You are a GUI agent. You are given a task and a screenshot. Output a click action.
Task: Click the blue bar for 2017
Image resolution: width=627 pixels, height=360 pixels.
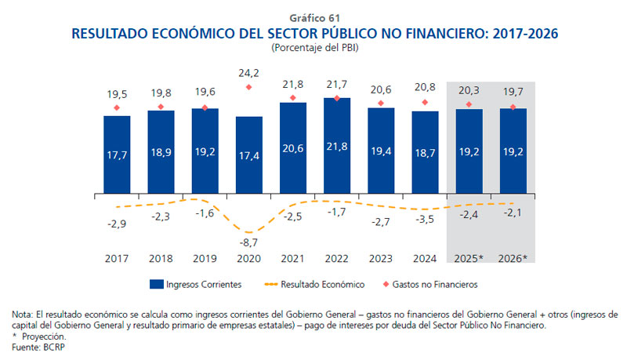tap(117, 153)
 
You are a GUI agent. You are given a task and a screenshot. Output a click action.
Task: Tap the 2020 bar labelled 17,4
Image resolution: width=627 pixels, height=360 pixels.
tap(249, 154)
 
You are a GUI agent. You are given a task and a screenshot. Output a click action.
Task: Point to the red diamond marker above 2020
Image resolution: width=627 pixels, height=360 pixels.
tap(249, 88)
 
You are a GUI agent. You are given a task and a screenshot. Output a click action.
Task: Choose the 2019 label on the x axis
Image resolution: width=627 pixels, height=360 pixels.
tap(205, 258)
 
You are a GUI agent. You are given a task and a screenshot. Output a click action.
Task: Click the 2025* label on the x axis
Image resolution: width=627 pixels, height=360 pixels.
tap(469, 258)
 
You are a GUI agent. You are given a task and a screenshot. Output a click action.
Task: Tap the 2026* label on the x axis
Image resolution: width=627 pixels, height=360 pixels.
tap(513, 258)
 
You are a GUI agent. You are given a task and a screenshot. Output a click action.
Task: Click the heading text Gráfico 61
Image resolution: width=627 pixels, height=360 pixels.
tap(313, 16)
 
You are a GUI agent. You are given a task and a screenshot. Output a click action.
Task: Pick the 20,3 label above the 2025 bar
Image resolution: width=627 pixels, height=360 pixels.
tap(469, 89)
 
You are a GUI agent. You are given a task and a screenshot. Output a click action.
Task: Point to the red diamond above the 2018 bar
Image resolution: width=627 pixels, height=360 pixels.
tap(161, 107)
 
